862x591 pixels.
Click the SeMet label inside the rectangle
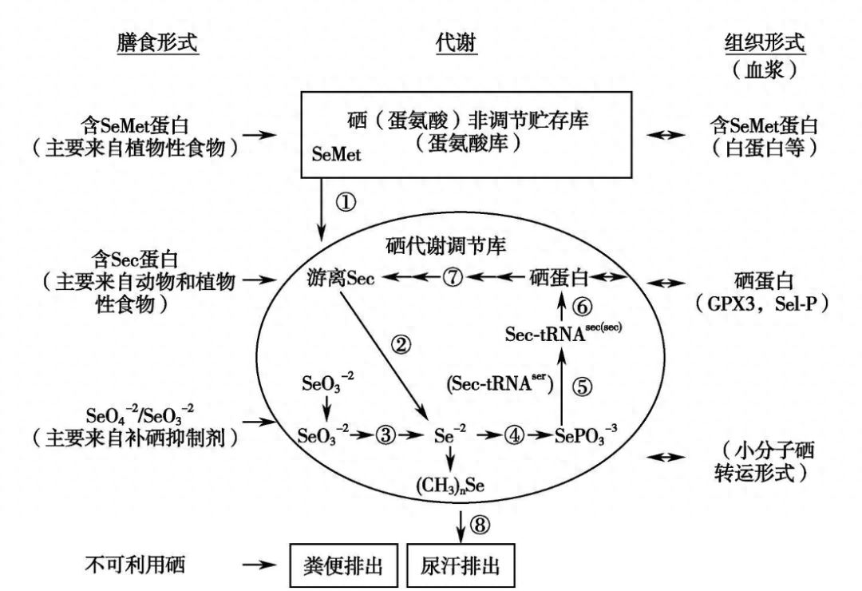336,156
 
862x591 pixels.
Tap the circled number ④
515,437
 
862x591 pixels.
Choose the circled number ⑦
453,278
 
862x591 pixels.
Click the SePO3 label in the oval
583,438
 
